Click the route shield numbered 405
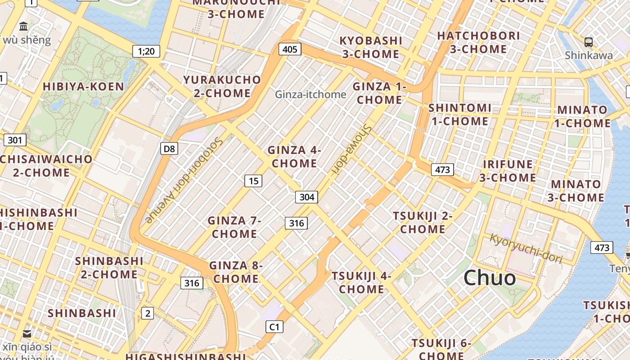(290, 49)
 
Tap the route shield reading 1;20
(146, 51)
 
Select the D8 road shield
(169, 148)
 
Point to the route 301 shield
(15, 140)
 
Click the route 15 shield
(253, 181)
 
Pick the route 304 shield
(307, 197)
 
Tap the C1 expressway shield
(274, 327)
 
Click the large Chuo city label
(490, 278)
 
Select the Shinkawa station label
(589, 55)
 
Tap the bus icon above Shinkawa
(589, 42)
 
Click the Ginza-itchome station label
(310, 94)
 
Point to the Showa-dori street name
(351, 148)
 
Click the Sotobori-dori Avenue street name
(185, 180)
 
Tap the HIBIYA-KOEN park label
(83, 86)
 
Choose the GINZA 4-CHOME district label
(294, 157)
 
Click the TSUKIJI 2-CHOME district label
(423, 222)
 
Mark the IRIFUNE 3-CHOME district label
(508, 171)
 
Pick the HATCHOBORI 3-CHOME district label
(478, 42)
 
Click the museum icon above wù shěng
(24, 26)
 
